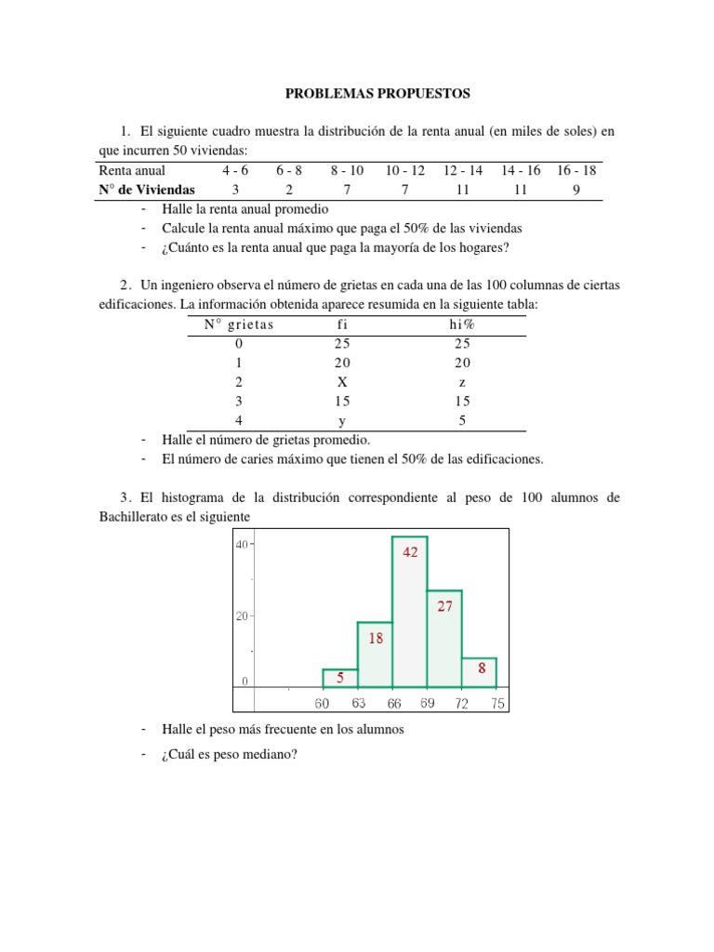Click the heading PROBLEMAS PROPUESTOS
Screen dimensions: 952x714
(x=377, y=94)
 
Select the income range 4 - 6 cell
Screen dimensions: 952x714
(x=235, y=170)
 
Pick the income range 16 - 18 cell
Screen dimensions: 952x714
(x=576, y=170)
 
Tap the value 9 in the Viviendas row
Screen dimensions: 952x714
(x=576, y=189)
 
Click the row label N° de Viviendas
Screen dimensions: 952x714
(x=147, y=189)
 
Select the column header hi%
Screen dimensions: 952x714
(x=462, y=324)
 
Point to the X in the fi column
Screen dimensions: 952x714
(x=343, y=381)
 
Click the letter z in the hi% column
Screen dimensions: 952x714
(x=462, y=381)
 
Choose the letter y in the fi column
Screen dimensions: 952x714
(x=343, y=419)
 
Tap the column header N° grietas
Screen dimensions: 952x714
(x=239, y=324)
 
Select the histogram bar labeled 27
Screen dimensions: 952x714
(x=444, y=638)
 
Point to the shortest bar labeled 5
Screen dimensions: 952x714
(x=340, y=678)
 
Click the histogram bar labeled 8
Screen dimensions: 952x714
(x=480, y=672)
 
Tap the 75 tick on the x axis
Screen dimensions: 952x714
(x=497, y=704)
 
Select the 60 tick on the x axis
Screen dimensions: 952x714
(x=323, y=704)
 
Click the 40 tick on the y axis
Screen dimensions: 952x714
(x=240, y=546)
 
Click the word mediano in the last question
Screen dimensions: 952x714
(x=268, y=754)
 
